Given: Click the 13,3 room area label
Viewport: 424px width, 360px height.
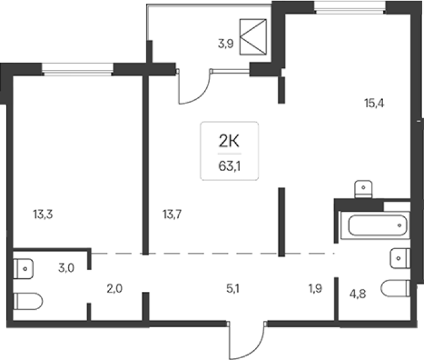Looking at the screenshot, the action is [43, 214].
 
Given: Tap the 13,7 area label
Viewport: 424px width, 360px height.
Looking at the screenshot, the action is [172, 214].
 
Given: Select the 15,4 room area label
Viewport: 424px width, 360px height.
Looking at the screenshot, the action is [374, 103].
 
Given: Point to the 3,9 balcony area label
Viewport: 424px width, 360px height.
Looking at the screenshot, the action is [226, 43].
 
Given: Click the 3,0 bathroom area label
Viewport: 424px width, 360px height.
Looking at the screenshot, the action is [66, 268].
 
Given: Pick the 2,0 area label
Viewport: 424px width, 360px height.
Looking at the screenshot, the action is [115, 289].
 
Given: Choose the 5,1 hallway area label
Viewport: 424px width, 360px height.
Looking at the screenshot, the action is [233, 289].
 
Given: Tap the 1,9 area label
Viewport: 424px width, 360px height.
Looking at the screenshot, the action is [315, 289].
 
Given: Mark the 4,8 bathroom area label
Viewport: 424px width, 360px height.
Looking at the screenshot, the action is [358, 294].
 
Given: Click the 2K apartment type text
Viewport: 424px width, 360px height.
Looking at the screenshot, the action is [229, 141].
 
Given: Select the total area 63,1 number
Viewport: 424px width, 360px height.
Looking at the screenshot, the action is [230, 166].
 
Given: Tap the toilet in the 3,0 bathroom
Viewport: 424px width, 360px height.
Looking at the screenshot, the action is [28, 301].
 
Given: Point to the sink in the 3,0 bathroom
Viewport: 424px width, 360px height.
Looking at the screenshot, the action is [24, 269].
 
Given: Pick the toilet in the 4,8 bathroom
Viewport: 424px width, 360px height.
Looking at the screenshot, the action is [396, 288].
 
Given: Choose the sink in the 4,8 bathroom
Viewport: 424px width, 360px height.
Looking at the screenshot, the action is [400, 258].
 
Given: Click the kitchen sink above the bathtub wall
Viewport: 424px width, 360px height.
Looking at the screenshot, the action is [363, 189].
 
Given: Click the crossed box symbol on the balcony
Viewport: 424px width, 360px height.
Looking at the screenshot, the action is [253, 37].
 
